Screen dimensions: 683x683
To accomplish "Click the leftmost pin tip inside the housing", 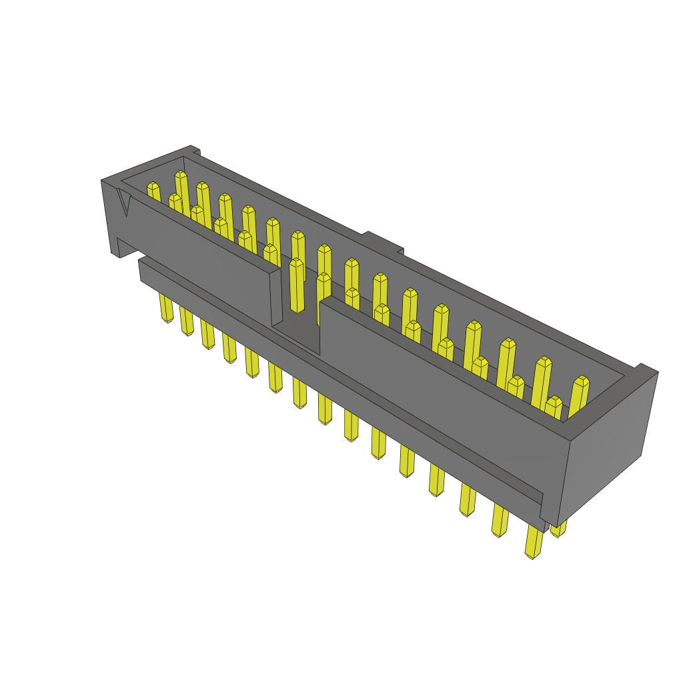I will [153, 187].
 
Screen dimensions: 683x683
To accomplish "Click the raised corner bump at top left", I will [193, 150].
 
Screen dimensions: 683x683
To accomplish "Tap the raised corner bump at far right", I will [645, 369].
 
